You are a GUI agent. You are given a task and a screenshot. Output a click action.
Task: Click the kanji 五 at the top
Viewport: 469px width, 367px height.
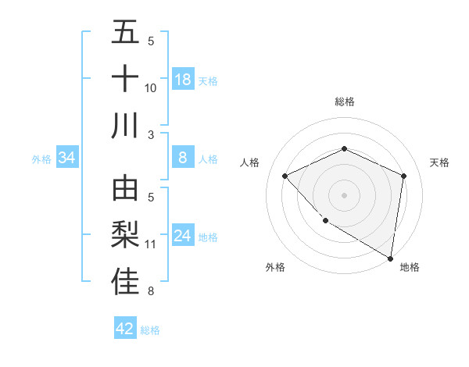point(125,33)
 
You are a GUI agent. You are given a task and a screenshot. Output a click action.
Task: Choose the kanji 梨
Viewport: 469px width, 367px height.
point(125,235)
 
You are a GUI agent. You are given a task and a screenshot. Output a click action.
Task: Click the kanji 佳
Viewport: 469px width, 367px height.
point(125,281)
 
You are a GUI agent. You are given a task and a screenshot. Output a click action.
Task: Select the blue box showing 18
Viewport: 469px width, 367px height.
point(183,80)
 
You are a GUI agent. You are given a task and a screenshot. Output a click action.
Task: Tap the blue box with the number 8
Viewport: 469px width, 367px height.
point(183,158)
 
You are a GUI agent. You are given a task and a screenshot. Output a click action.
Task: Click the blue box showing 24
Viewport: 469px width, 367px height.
point(183,236)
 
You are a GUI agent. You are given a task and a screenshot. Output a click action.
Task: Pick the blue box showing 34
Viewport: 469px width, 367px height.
point(66,158)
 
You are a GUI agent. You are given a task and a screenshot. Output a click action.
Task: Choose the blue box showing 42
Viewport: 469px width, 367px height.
point(125,329)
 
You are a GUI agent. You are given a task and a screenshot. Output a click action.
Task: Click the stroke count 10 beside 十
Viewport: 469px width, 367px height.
point(151,88)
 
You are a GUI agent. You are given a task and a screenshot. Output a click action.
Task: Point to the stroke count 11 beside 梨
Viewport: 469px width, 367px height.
point(151,244)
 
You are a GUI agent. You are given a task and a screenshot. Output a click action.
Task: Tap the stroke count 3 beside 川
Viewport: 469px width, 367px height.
point(151,134)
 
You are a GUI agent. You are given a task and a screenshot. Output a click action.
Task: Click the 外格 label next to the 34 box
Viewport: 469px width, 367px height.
point(41,159)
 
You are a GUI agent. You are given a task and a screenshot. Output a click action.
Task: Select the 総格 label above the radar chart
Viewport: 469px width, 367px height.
point(344,102)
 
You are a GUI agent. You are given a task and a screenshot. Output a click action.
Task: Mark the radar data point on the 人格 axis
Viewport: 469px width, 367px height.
point(285,176)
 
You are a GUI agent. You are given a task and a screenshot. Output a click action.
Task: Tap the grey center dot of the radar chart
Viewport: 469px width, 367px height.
point(344,194)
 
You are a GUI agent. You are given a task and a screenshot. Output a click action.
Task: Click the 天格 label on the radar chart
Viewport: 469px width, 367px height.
point(439,162)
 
